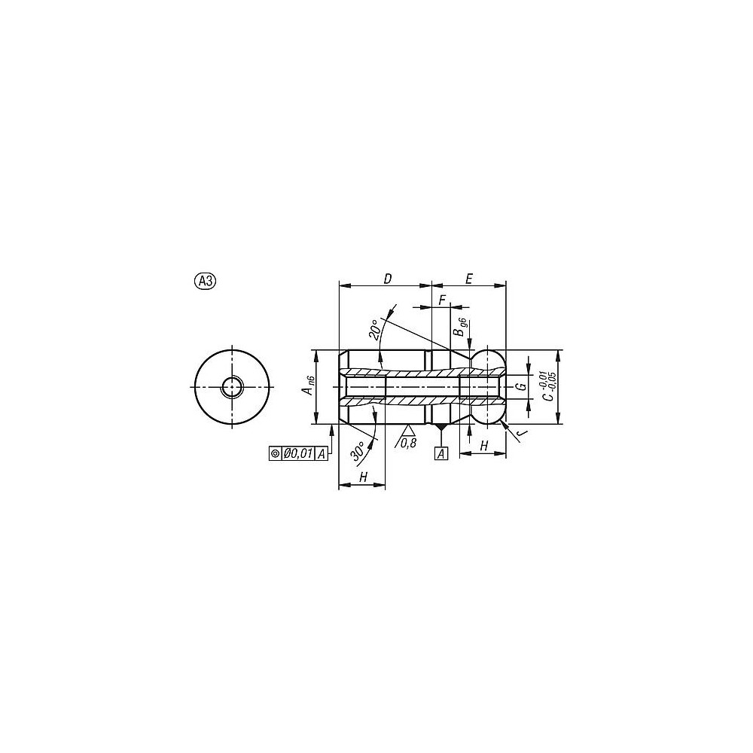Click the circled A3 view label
(205, 281)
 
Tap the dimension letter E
(469, 279)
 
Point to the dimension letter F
(442, 300)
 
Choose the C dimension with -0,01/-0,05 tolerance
(547, 386)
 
